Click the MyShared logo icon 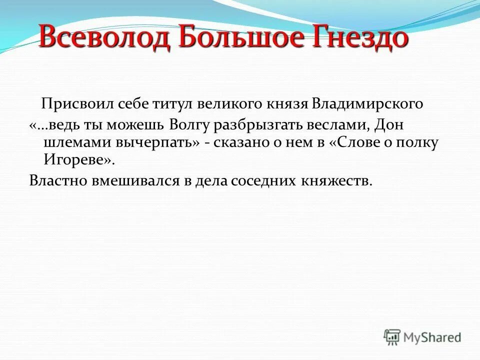[392, 337]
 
